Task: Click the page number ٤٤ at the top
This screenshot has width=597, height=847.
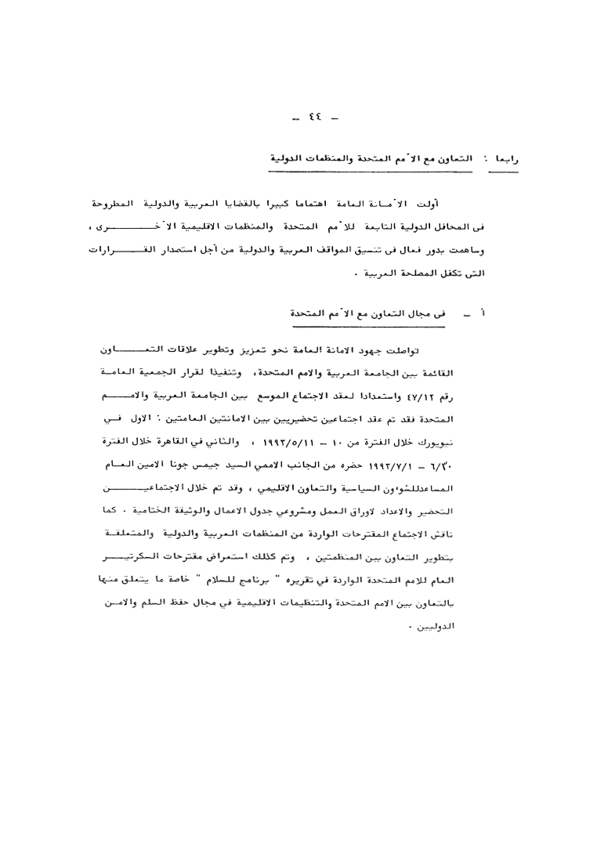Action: (317, 120)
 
